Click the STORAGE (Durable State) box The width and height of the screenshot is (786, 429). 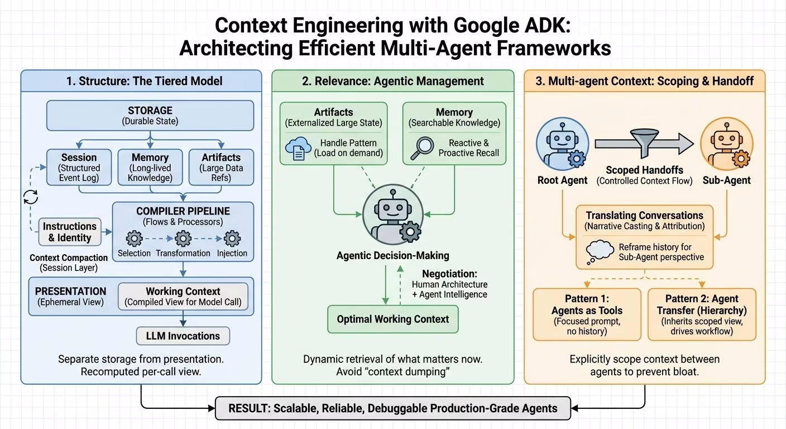coord(150,116)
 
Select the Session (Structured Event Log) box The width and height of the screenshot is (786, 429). coord(79,168)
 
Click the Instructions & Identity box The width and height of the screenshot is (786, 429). coord(70,232)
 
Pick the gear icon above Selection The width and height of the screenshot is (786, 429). coord(134,239)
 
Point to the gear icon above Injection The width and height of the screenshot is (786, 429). coord(232,239)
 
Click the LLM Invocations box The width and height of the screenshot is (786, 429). coord(183,336)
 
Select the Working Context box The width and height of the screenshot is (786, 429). coord(183,297)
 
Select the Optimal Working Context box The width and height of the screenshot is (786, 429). coord(392,319)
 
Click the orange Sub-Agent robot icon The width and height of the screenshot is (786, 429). coord(727,145)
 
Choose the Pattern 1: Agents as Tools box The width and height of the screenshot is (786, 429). coord(587,314)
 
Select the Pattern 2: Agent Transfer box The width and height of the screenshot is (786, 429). coord(702,314)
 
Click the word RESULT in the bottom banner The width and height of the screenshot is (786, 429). coord(248,408)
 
